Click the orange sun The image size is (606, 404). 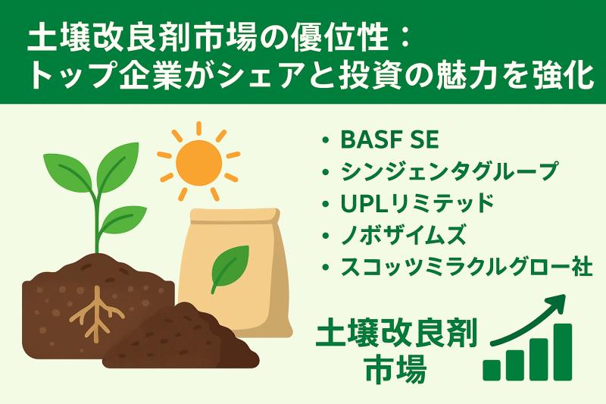pyautogui.click(x=199, y=161)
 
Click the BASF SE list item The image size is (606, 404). pyautogui.click(x=386, y=141)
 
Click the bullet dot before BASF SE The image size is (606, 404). pyautogui.click(x=326, y=142)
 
